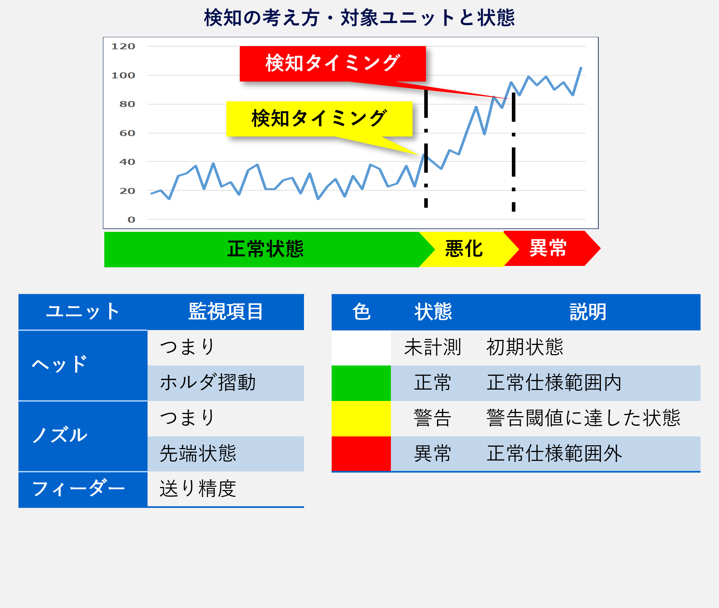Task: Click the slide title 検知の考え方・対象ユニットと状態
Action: click(359, 18)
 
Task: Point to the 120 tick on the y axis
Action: click(123, 46)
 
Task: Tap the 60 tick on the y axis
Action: click(127, 133)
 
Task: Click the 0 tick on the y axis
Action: click(131, 220)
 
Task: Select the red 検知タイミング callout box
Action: click(333, 64)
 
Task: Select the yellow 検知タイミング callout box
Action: click(319, 119)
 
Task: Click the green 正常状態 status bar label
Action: click(265, 249)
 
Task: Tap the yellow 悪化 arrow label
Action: click(464, 249)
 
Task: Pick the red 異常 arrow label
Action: click(548, 248)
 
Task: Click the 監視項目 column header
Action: click(226, 312)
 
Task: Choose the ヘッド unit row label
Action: click(60, 364)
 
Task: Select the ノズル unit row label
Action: click(60, 435)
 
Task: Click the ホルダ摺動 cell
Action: click(208, 383)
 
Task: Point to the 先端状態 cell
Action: click(198, 454)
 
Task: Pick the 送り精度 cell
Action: click(198, 489)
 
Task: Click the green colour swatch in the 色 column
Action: click(361, 383)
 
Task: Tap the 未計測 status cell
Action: click(433, 347)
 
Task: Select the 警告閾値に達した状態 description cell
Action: click(584, 418)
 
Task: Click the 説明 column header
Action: click(588, 312)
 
